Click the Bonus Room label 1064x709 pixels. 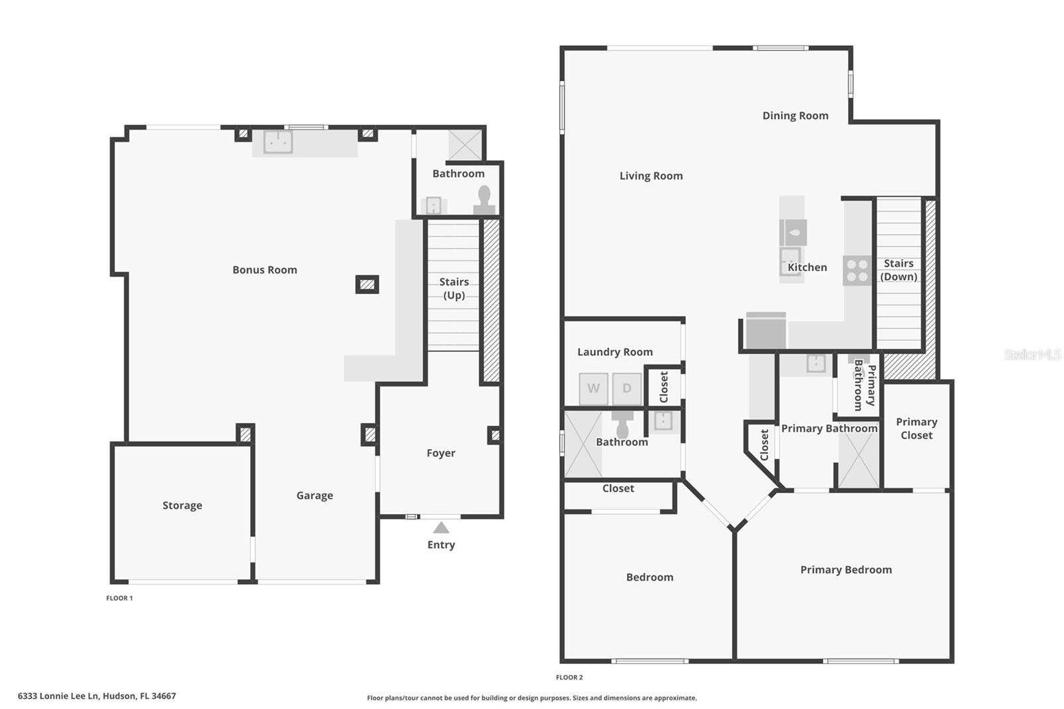pos(265,270)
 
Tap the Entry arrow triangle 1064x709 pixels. pos(441,528)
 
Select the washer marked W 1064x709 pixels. pos(593,388)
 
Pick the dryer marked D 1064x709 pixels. pos(626,388)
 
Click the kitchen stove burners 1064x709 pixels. pos(857,271)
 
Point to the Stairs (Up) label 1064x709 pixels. pos(454,289)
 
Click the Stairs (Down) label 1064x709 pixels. pos(898,270)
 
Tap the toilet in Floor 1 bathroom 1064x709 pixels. pos(484,197)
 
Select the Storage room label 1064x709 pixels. pos(182,505)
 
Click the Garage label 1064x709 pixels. pos(315,496)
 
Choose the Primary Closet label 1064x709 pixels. pos(916,428)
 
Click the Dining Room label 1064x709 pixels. pos(795,116)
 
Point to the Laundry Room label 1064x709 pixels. pos(614,352)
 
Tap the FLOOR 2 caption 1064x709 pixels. pos(569,677)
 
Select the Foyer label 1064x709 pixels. pos(441,453)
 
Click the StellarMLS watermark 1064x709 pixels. pos(1032,354)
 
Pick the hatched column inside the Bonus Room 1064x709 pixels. pos(367,285)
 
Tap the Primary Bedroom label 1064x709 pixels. pos(846,570)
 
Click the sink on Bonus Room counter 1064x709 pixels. pos(278,142)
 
